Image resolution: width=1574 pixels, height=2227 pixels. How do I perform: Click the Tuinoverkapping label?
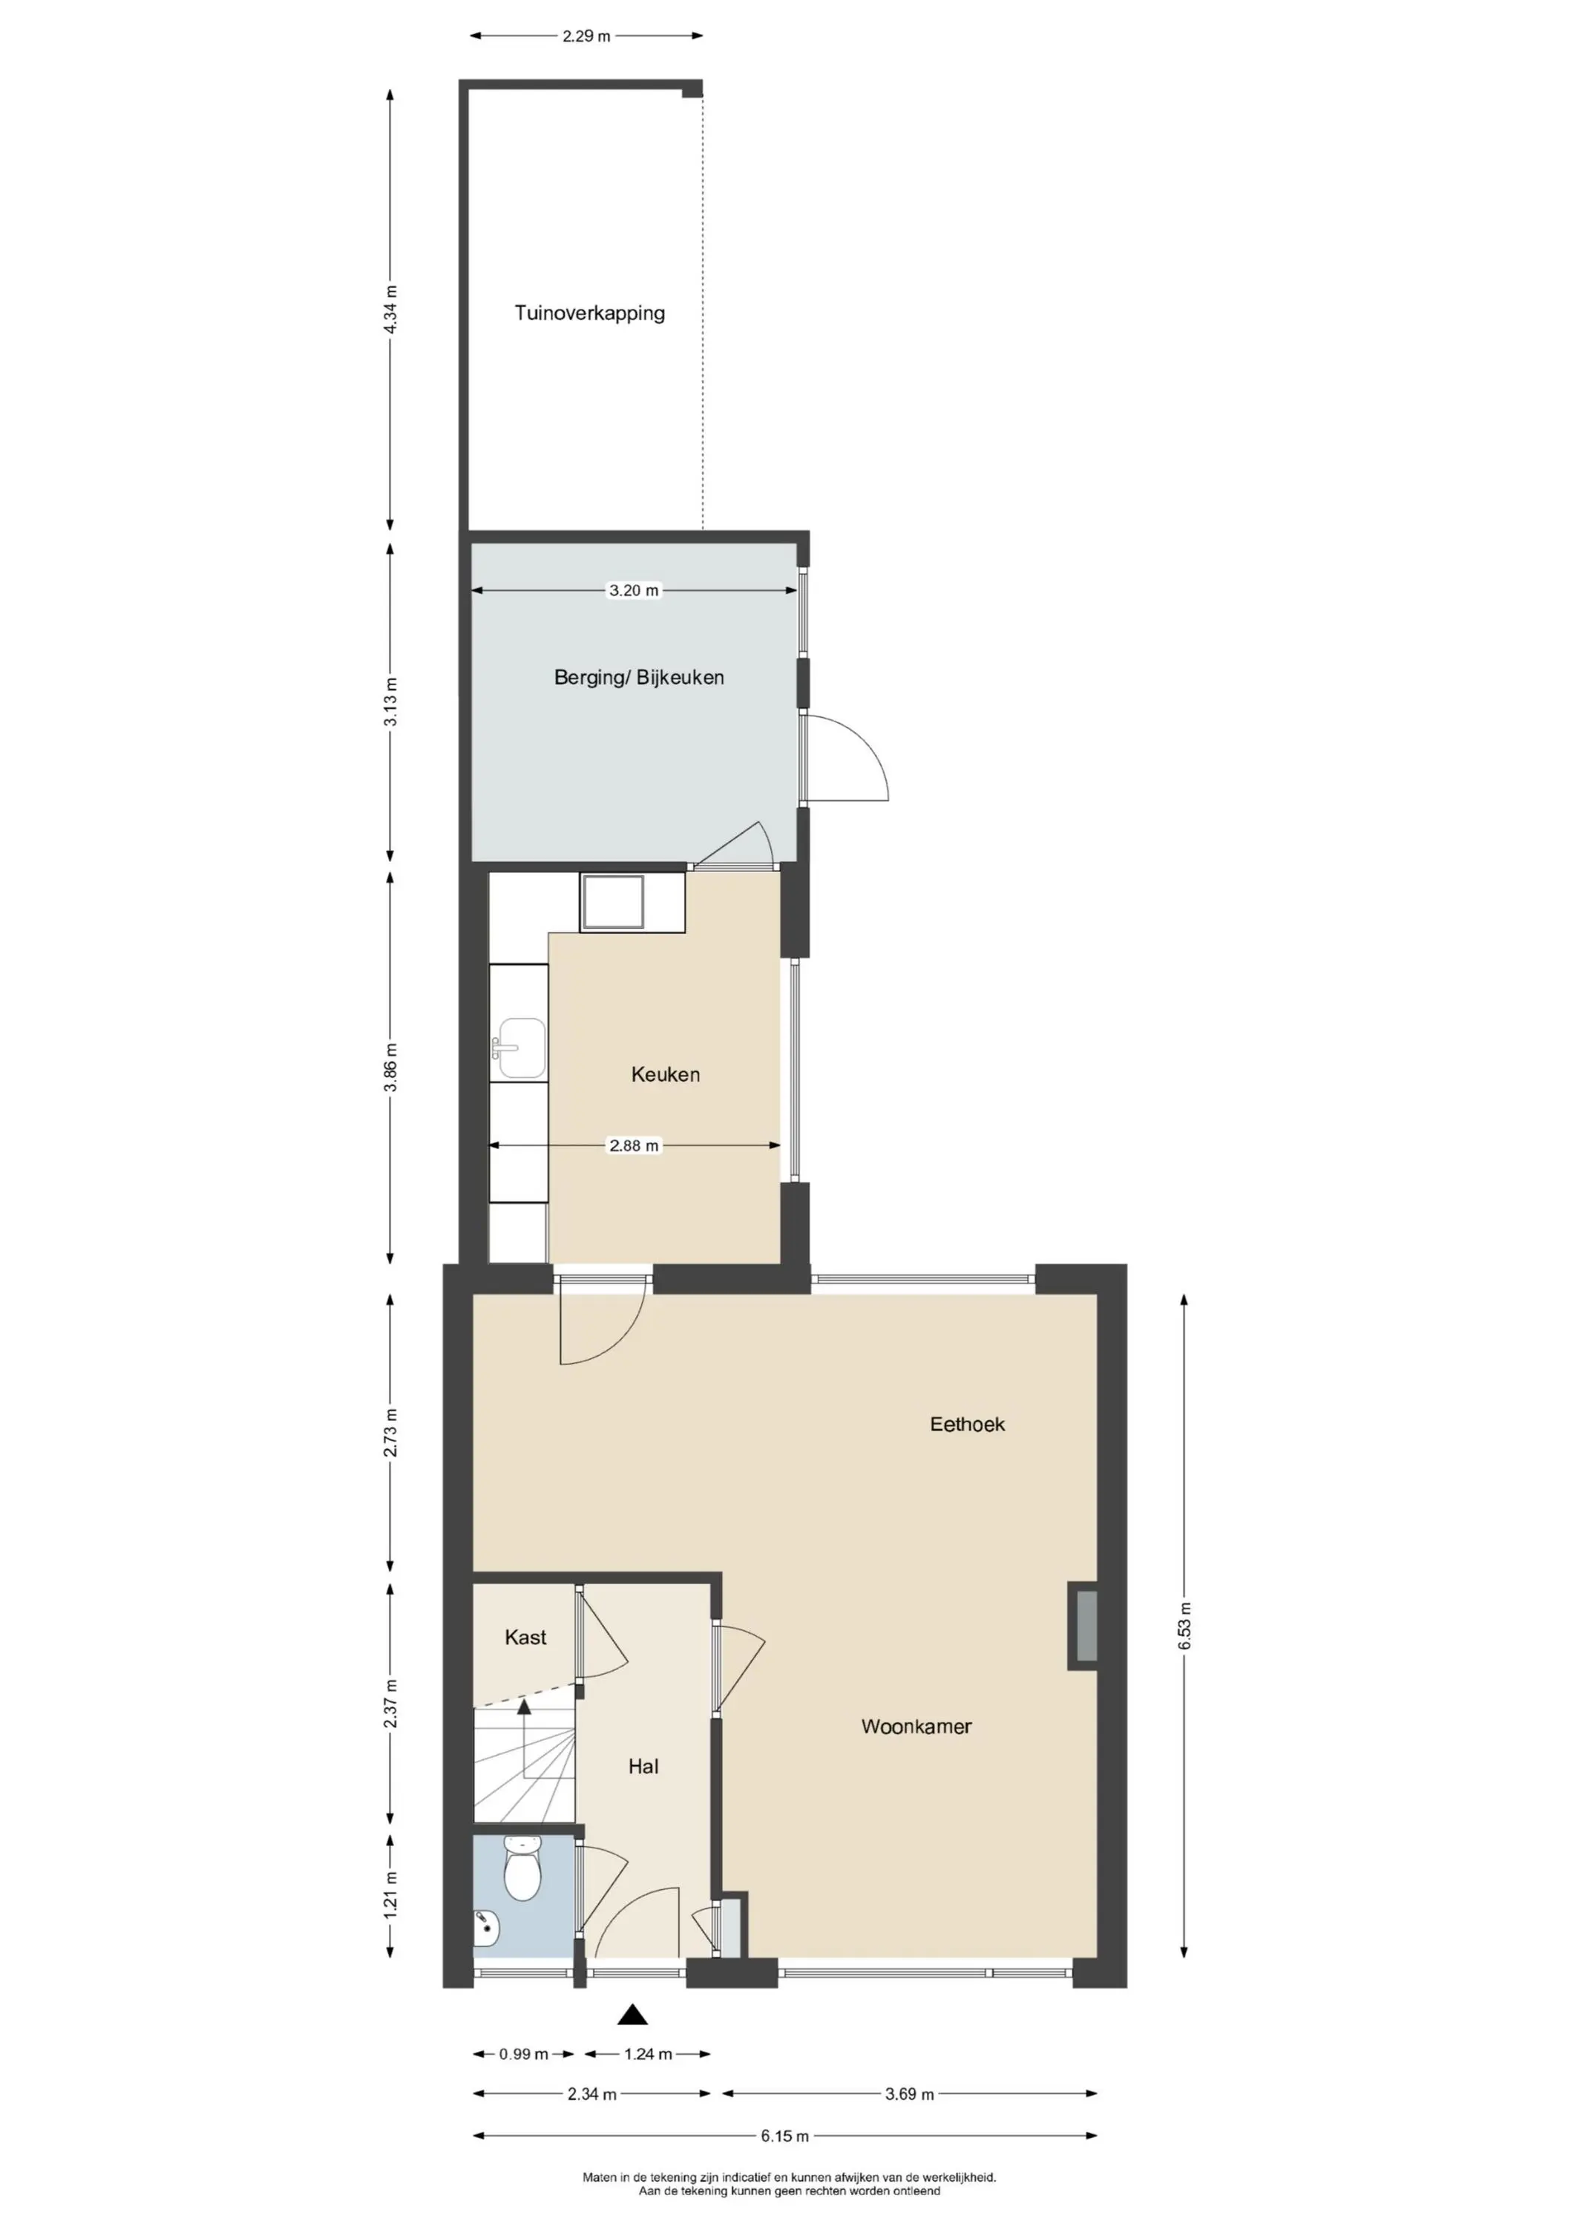(590, 313)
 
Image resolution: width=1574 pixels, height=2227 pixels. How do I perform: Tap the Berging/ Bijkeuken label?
(639, 677)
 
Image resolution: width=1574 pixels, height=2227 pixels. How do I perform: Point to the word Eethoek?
(967, 1424)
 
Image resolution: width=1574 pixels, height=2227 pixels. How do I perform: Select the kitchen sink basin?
(522, 1047)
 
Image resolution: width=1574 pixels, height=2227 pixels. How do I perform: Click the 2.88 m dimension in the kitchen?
(633, 1145)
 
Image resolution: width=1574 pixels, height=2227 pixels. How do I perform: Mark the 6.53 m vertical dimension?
(1184, 1626)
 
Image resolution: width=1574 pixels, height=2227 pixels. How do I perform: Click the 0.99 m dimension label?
(524, 2053)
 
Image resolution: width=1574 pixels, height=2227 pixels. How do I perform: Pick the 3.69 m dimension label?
(910, 2094)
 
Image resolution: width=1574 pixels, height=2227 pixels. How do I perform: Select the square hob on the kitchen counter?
(612, 902)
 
